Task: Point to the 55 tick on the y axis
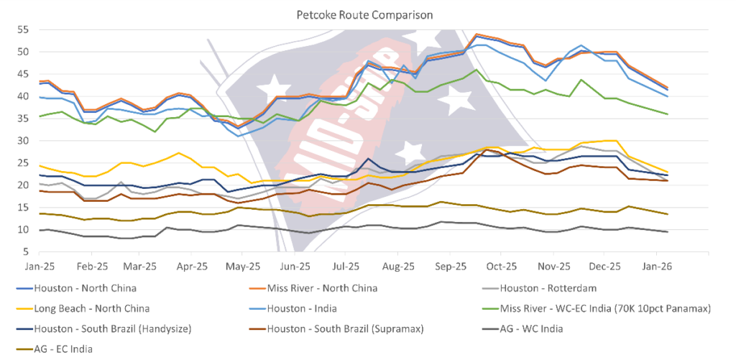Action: (22, 29)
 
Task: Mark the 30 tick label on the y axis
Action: (22, 141)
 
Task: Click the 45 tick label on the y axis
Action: (22, 74)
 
